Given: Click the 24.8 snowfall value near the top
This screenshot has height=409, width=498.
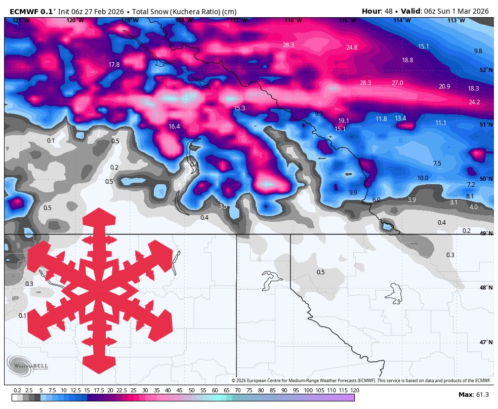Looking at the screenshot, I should click(x=352, y=48).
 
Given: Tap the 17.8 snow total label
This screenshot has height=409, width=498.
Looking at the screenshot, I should click(x=114, y=65).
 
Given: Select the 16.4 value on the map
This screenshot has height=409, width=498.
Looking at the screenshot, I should click(x=174, y=127).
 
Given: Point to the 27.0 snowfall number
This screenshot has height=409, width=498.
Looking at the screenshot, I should click(x=397, y=83).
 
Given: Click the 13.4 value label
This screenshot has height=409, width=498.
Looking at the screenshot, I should click(x=400, y=118).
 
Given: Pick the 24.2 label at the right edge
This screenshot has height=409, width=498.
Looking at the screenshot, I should click(x=474, y=102).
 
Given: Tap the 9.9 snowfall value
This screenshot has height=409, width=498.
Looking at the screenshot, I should click(x=353, y=193).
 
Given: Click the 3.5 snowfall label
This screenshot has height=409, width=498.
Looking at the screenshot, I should click(x=223, y=207).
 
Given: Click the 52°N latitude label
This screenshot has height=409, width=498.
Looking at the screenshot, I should click(x=486, y=70).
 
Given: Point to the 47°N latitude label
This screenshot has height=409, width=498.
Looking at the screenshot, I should click(x=486, y=343).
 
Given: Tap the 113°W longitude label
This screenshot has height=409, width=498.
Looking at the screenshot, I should click(x=456, y=21).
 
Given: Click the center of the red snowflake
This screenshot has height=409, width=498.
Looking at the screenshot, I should click(x=99, y=291).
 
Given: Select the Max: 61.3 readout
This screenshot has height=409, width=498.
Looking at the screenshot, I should click(x=474, y=395).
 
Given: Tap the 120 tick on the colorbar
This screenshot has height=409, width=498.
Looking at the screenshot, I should click(x=355, y=390).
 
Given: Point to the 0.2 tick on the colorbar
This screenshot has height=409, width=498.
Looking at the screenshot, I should click(x=17, y=390).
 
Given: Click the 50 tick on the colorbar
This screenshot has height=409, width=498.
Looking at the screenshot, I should click(x=192, y=390).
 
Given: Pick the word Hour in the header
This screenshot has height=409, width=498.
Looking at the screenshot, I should click(x=371, y=11).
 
